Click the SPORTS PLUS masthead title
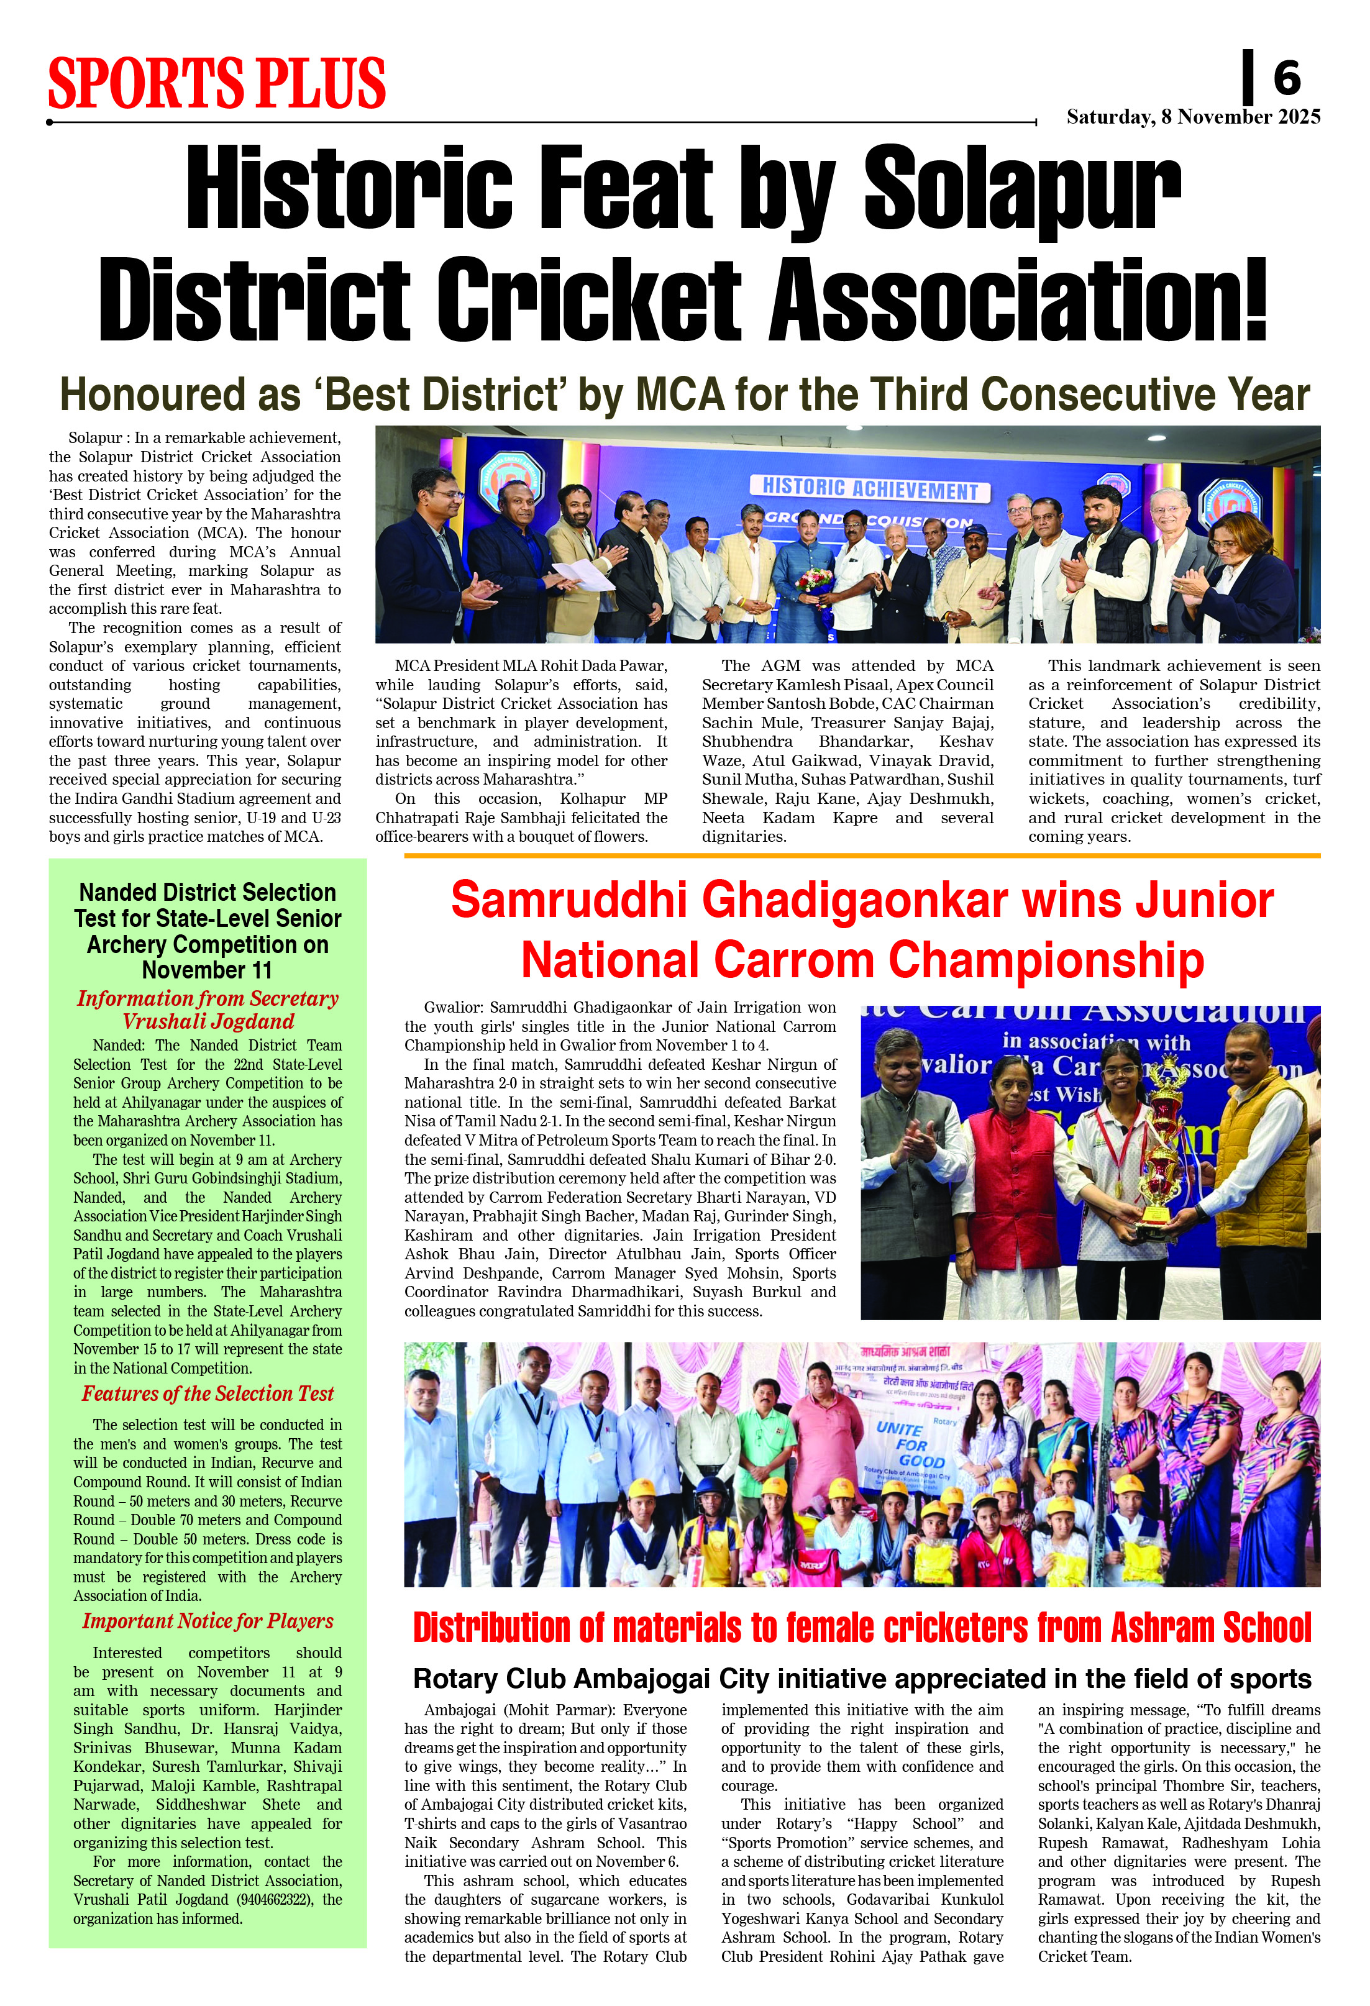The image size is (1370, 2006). (x=217, y=84)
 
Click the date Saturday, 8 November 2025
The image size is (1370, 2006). (x=1193, y=117)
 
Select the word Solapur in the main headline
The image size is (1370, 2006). (x=1021, y=188)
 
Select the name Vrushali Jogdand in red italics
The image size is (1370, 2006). (x=208, y=1022)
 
